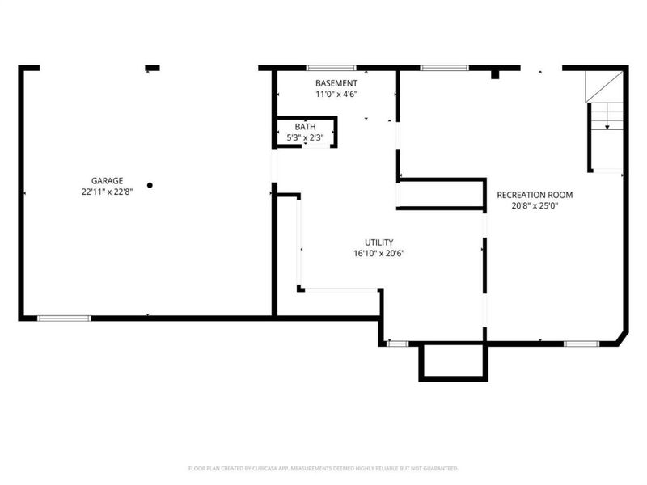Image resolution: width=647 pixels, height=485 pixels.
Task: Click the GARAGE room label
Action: pyautogui.click(x=108, y=180)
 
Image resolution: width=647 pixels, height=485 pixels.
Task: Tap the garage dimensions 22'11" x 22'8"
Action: pyautogui.click(x=108, y=192)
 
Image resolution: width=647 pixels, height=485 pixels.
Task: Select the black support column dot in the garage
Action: pyautogui.click(x=150, y=185)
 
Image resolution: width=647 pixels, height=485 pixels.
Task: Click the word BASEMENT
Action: pyautogui.click(x=336, y=83)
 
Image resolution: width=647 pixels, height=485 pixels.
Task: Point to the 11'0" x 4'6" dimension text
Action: pyautogui.click(x=336, y=94)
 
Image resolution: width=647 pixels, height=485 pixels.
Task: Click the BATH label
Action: pyautogui.click(x=306, y=127)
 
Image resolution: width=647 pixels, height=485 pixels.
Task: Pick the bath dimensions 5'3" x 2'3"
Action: pyautogui.click(x=306, y=137)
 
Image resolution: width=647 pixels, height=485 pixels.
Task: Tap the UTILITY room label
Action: pyautogui.click(x=378, y=242)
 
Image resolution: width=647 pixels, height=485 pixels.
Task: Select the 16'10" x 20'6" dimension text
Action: pyautogui.click(x=378, y=253)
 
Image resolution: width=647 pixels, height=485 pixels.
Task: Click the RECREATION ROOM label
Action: pyautogui.click(x=535, y=195)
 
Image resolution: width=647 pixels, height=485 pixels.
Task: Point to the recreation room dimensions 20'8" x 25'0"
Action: pyautogui.click(x=535, y=205)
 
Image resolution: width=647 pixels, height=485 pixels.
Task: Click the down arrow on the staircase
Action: pyautogui.click(x=607, y=127)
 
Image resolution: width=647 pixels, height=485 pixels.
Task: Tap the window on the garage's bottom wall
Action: pyautogui.click(x=64, y=318)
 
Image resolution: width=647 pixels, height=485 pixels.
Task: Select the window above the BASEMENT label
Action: pyautogui.click(x=331, y=68)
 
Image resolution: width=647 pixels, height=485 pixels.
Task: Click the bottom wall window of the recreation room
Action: pyautogui.click(x=581, y=344)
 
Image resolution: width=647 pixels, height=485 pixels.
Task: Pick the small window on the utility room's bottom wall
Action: pyautogui.click(x=397, y=344)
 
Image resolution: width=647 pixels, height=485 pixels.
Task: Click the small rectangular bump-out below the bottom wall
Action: pyautogui.click(x=453, y=361)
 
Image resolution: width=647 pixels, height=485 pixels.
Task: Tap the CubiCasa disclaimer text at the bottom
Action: pyautogui.click(x=323, y=469)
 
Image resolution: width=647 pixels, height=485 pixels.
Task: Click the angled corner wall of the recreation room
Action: pyautogui.click(x=623, y=337)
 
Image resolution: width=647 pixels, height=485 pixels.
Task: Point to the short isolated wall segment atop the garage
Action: pyautogui.click(x=152, y=68)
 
